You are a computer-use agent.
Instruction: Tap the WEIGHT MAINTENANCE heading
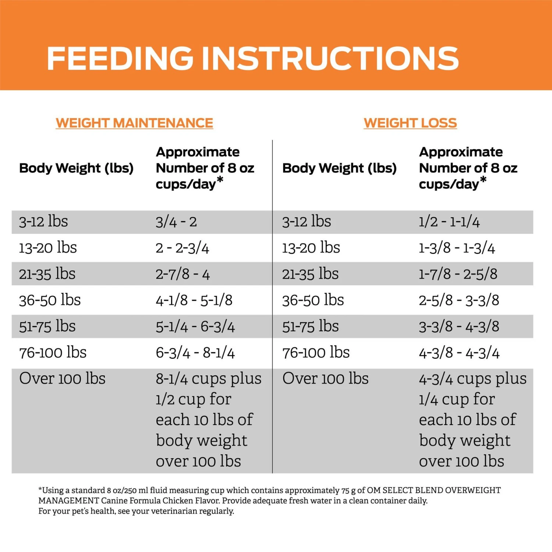pos(134,123)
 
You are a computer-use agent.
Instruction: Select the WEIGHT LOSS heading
pos(410,123)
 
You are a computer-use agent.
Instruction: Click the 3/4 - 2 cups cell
pos(176,222)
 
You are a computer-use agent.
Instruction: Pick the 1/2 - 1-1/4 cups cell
pos(449,222)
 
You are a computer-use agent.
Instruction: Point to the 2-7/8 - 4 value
pos(183,274)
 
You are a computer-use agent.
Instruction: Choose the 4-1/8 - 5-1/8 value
pos(194,300)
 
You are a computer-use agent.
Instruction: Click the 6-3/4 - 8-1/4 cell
pos(195,353)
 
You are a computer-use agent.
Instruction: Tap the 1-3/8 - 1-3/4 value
pos(457,248)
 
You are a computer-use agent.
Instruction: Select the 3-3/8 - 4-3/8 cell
pos(459,326)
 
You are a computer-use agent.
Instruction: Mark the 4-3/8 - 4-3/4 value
pos(459,353)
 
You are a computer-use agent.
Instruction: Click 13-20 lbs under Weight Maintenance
pos(48,248)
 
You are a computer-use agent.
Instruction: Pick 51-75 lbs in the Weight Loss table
pos(310,326)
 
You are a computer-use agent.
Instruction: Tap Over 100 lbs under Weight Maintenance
pos(62,379)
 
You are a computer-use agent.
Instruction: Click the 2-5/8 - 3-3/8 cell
pos(459,300)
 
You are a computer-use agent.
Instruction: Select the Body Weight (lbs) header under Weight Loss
pos(339,168)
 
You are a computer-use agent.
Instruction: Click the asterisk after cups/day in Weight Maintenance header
pos(220,180)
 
